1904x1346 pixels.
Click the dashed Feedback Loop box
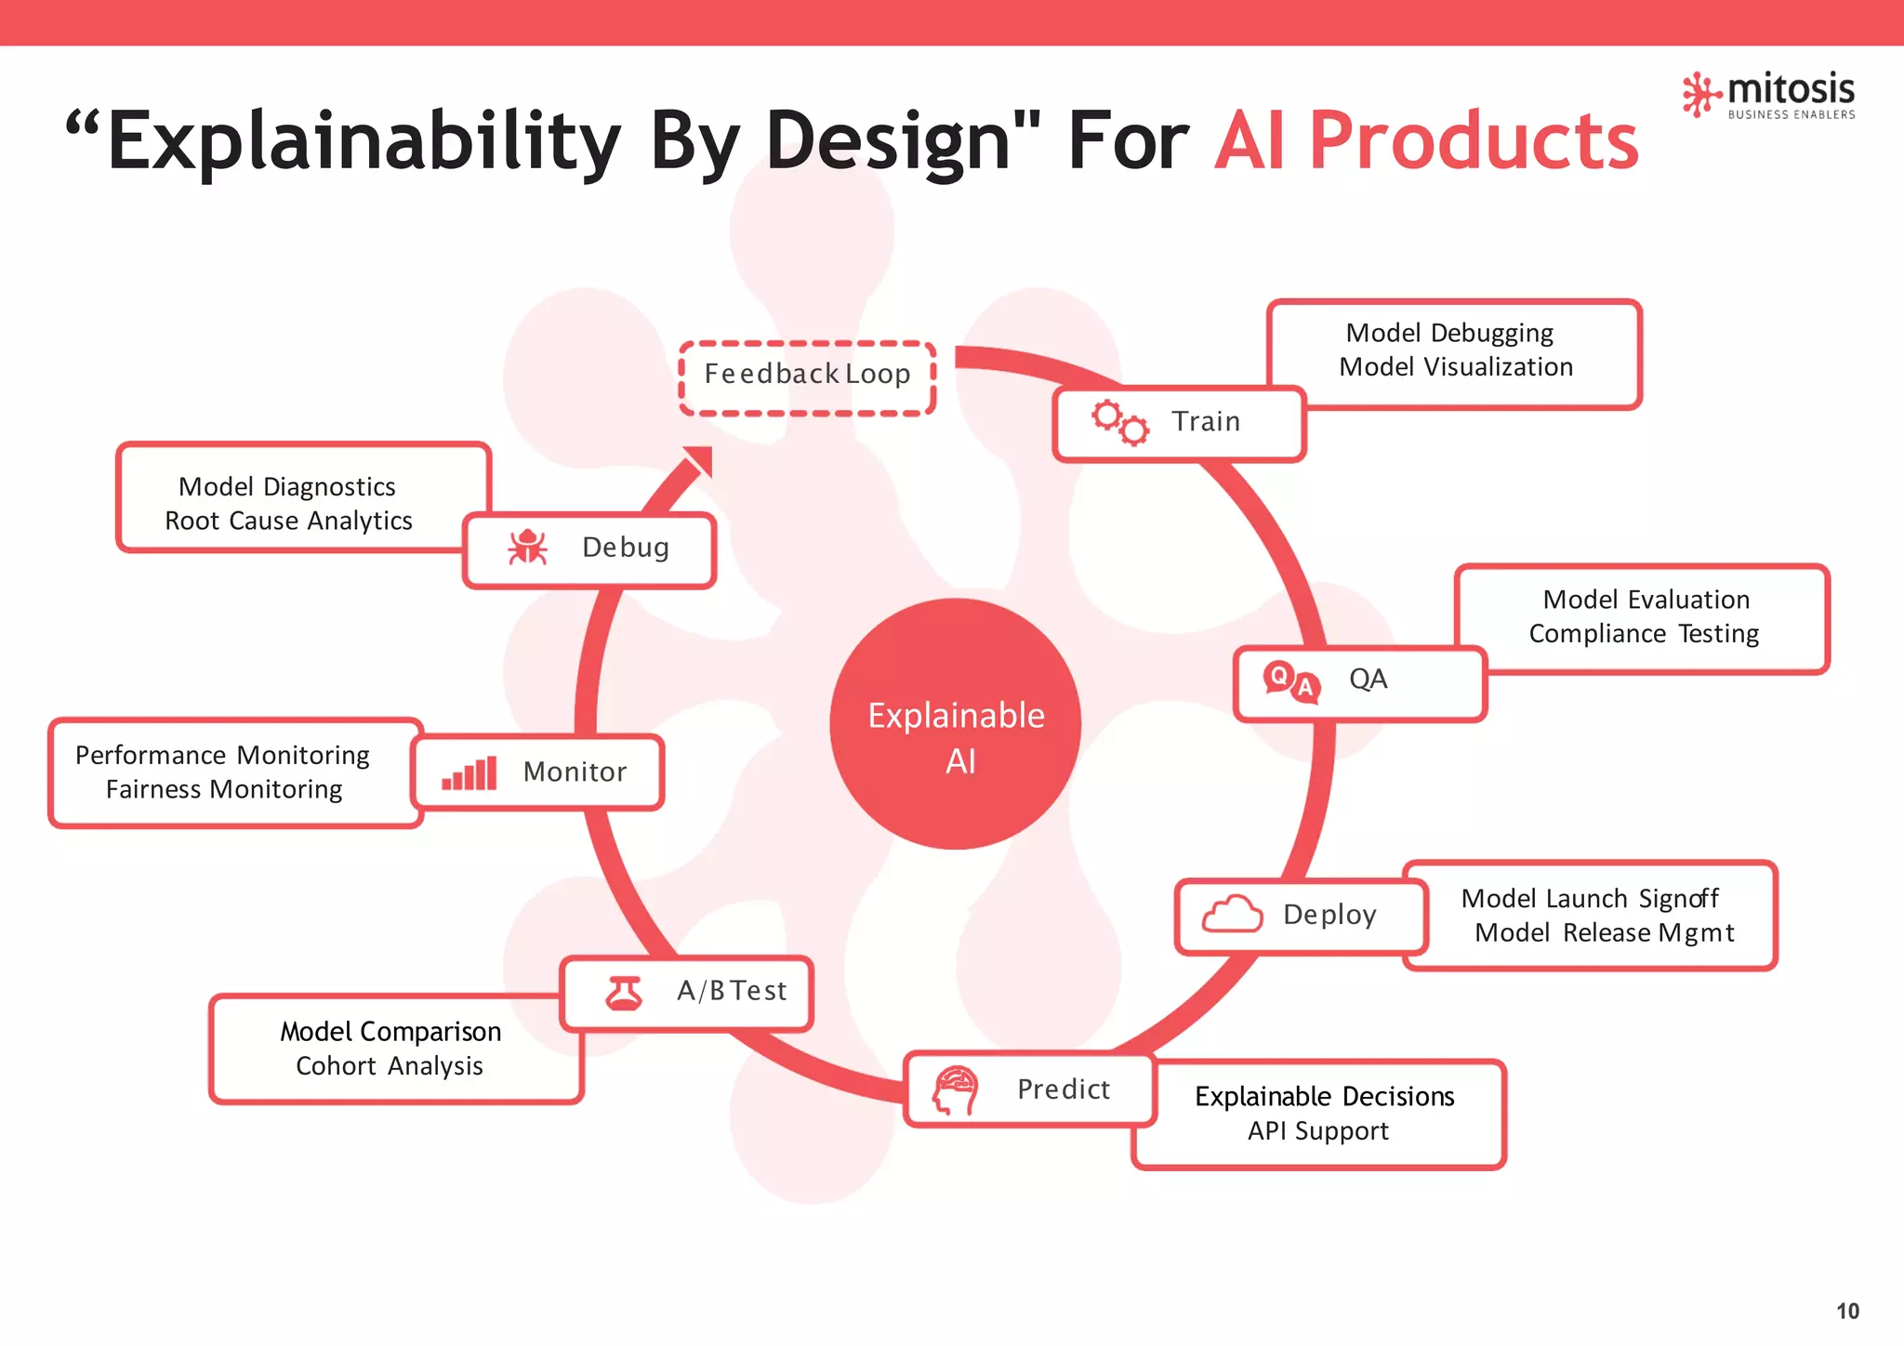[807, 377]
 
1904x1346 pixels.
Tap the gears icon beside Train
[1119, 423]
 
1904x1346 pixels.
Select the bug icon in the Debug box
[527, 548]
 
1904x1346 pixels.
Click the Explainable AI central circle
[956, 723]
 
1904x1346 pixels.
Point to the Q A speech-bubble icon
[1291, 680]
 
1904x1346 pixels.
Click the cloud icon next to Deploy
[1232, 915]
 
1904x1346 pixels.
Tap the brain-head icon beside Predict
[956, 1089]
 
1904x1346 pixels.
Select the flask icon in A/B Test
[624, 993]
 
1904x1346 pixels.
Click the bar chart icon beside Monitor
[469, 773]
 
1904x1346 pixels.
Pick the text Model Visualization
[1455, 367]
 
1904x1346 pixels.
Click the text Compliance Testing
[1643, 634]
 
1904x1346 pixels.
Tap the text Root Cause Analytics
[288, 521]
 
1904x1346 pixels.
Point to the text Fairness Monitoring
[224, 789]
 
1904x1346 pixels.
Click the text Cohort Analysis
[389, 1065]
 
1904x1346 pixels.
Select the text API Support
[1317, 1130]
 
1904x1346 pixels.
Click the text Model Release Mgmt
[1604, 932]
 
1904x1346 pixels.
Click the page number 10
[1846, 1311]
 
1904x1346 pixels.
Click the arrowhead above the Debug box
[699, 461]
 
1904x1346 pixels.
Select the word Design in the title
[888, 141]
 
